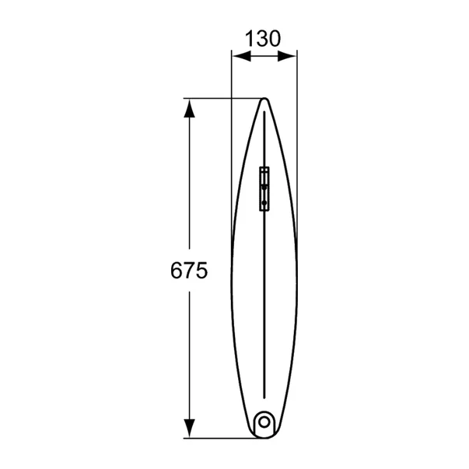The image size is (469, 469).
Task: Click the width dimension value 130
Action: [263, 38]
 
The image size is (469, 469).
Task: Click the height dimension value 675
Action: [187, 271]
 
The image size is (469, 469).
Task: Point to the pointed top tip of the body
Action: [264, 100]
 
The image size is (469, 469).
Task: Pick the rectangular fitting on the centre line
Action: [264, 188]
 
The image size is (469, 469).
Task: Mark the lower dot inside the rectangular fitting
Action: [264, 203]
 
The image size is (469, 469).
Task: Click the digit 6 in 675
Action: [176, 271]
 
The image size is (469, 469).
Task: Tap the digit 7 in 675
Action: [187, 271]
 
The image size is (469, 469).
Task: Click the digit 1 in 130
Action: [250, 38]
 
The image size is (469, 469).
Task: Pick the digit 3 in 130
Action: [262, 38]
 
